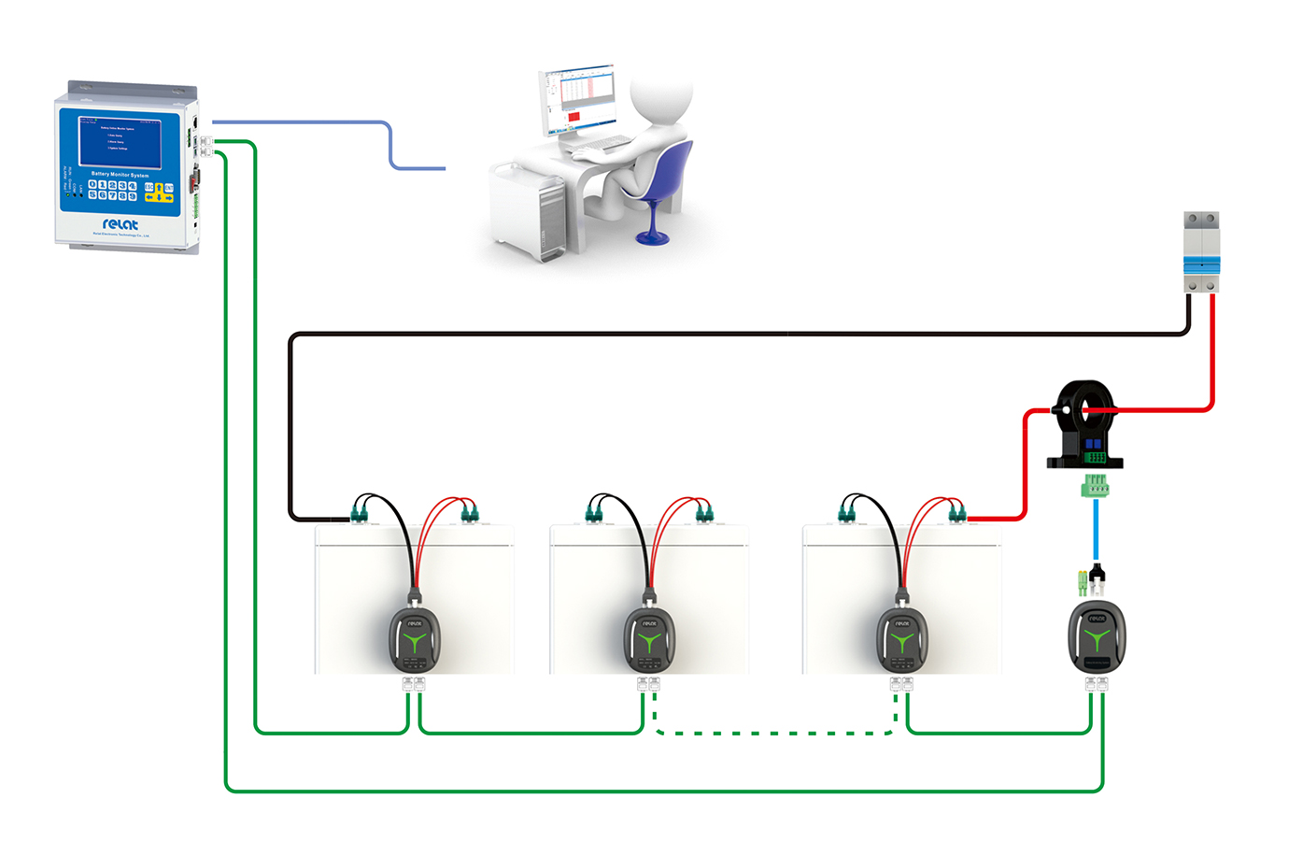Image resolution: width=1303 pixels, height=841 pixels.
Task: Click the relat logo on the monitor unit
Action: pyautogui.click(x=120, y=224)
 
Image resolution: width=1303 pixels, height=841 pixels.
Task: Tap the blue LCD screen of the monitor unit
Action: pyautogui.click(x=120, y=141)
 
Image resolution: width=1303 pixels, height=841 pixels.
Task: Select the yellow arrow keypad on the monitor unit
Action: pyautogui.click(x=159, y=192)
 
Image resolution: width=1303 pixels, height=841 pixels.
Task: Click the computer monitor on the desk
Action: pyautogui.click(x=578, y=99)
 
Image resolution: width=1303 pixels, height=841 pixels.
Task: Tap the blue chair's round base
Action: pyautogui.click(x=652, y=237)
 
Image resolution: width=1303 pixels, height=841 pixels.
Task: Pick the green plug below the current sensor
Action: pyautogui.click(x=1096, y=486)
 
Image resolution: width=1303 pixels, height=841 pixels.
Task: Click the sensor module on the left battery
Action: pyautogui.click(x=415, y=638)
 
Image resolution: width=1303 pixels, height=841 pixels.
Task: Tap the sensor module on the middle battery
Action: pyautogui.click(x=649, y=638)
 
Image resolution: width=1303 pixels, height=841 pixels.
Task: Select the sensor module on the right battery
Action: pyautogui.click(x=901, y=638)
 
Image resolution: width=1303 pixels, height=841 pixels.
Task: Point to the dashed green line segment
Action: pyautogui.click(x=775, y=734)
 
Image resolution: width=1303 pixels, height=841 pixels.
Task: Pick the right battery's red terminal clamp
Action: pyautogui.click(x=956, y=512)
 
